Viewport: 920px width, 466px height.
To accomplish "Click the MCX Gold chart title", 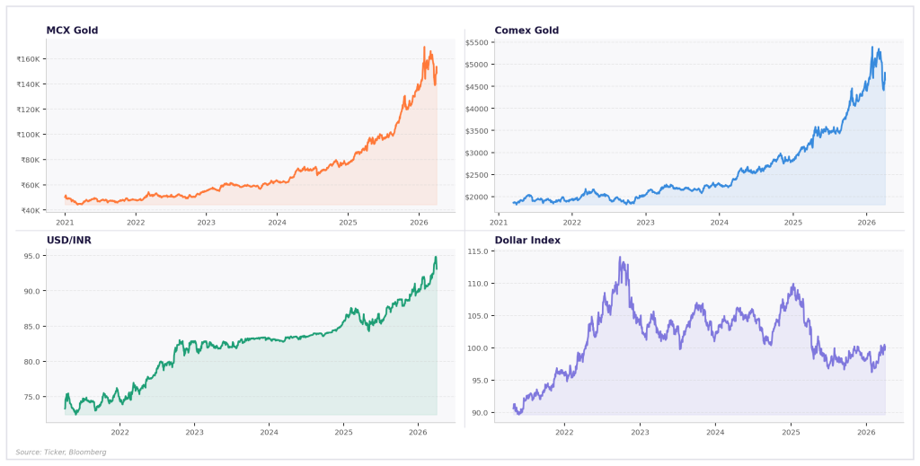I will (72, 31).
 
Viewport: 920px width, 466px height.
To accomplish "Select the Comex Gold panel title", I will (526, 31).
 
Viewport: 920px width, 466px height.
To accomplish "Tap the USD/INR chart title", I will (68, 240).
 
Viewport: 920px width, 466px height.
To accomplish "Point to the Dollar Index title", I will (527, 240).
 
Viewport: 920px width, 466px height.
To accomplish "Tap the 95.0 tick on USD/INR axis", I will (35, 256).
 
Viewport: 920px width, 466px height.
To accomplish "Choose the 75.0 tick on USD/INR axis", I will (35, 397).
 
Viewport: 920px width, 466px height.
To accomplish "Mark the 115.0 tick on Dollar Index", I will (478, 251).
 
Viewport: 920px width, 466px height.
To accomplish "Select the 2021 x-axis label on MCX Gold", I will (66, 222).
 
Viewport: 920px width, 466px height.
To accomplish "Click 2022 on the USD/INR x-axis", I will (119, 432).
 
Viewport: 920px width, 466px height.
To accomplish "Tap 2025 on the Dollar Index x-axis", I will (791, 432).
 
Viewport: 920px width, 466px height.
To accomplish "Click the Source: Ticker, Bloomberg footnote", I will (61, 452).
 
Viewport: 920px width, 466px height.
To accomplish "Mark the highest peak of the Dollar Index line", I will (620, 258).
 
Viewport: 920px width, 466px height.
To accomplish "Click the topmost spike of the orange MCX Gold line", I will (424, 47).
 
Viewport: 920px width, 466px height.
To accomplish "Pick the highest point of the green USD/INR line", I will (436, 257).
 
